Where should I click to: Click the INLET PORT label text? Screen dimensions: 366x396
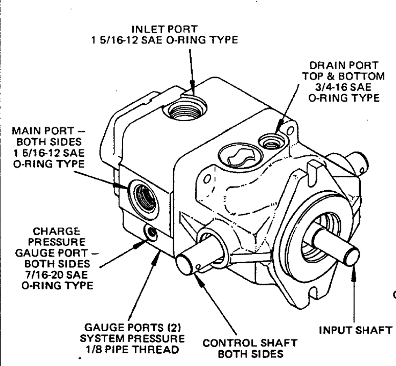click(164, 29)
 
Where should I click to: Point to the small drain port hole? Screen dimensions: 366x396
click(270, 142)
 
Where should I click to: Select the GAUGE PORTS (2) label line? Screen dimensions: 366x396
click(133, 328)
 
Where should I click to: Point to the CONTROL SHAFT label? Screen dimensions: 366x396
click(250, 343)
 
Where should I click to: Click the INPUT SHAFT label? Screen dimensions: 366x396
click(355, 330)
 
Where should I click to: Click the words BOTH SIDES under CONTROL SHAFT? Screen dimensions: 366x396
click(250, 354)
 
